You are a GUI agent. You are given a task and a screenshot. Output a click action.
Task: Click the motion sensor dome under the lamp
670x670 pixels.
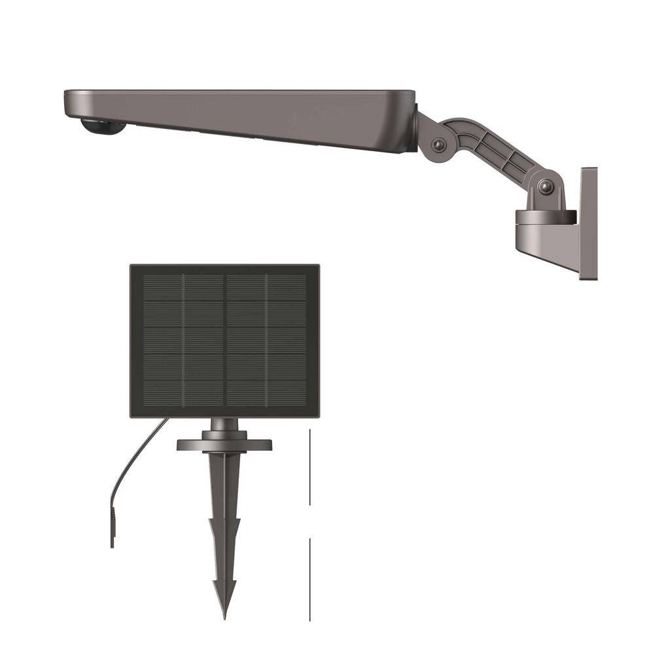pyautogui.click(x=103, y=127)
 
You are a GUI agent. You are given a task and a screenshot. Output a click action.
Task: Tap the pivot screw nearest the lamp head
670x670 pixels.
pyautogui.click(x=439, y=145)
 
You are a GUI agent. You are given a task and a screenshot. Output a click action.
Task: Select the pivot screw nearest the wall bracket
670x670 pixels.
pyautogui.click(x=545, y=187)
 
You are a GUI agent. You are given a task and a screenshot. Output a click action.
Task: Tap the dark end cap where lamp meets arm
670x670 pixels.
pyautogui.click(x=414, y=127)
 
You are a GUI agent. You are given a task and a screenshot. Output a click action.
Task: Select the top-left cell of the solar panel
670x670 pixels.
pyautogui.click(x=163, y=288)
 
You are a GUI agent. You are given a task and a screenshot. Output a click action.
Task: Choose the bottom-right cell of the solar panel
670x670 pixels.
pyautogui.click(x=287, y=392)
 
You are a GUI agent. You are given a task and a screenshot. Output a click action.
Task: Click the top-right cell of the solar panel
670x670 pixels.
pyautogui.click(x=287, y=288)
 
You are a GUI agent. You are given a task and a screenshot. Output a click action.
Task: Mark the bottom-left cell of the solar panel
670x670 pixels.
pyautogui.click(x=163, y=392)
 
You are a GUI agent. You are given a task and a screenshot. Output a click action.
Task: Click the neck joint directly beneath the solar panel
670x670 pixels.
pyautogui.click(x=224, y=426)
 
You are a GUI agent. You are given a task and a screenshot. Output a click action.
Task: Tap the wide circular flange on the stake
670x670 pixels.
pyautogui.click(x=224, y=445)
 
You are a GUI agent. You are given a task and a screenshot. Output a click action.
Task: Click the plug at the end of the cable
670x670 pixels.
pyautogui.click(x=113, y=531)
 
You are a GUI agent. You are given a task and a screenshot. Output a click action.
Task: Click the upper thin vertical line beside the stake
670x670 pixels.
pyautogui.click(x=309, y=467)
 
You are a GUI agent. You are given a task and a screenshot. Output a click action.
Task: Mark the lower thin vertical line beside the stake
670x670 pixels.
pyautogui.click(x=309, y=579)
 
